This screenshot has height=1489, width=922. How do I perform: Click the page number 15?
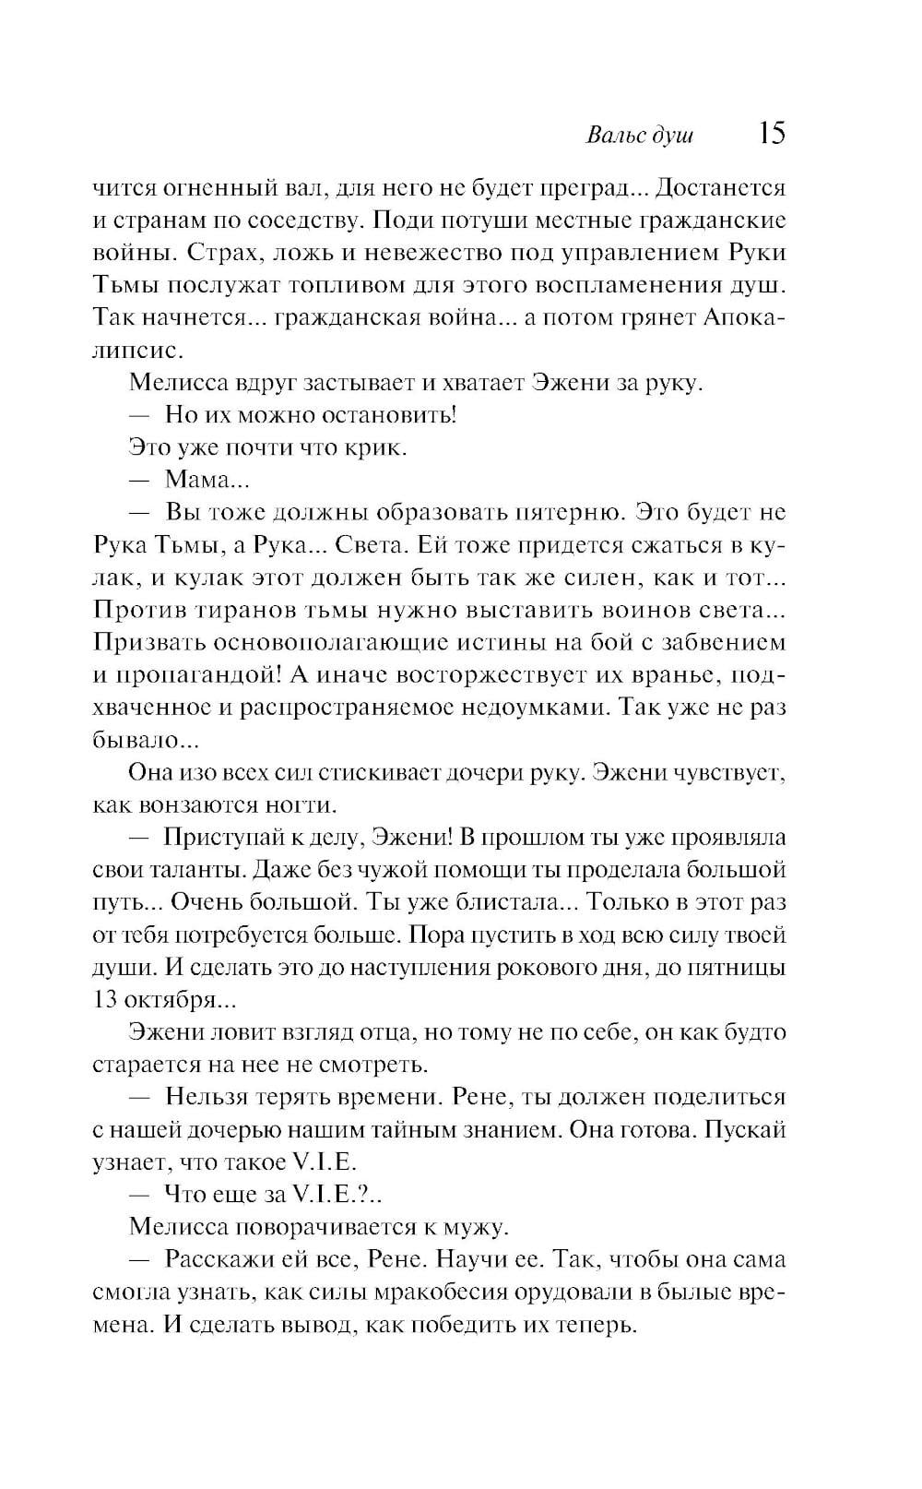point(772,133)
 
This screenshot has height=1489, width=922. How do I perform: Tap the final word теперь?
point(597,1326)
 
